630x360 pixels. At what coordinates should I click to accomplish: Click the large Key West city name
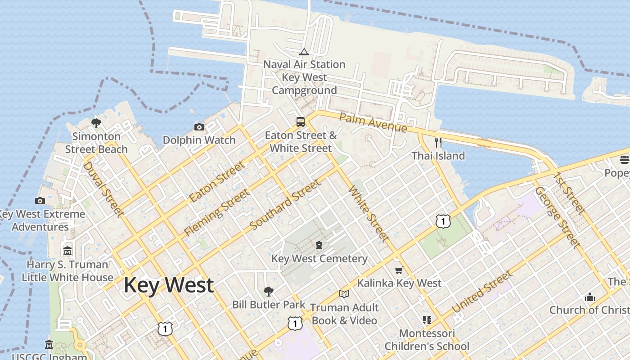(x=169, y=285)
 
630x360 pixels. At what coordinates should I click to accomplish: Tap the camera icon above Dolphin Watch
(x=199, y=127)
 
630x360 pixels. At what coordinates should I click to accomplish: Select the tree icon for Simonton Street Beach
(x=96, y=123)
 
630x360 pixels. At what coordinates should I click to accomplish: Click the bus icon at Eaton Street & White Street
(x=300, y=121)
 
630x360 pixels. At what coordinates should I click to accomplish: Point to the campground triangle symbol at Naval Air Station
(x=304, y=52)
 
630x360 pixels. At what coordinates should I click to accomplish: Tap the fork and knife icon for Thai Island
(x=438, y=143)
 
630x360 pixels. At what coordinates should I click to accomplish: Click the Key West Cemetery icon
(x=319, y=245)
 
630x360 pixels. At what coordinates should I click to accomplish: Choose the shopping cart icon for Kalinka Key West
(x=399, y=270)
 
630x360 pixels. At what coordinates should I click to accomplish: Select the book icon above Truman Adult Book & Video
(x=344, y=294)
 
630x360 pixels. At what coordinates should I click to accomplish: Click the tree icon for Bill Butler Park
(x=269, y=292)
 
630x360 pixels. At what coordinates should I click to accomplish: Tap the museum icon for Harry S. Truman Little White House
(x=67, y=251)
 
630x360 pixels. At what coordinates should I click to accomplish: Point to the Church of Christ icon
(x=589, y=297)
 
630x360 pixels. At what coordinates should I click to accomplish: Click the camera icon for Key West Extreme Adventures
(x=40, y=201)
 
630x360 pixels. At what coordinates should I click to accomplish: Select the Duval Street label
(x=103, y=189)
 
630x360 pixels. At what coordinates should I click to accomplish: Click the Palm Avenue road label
(x=373, y=122)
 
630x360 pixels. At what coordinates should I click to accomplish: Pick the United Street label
(x=482, y=292)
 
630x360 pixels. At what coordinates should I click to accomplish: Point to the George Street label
(x=557, y=217)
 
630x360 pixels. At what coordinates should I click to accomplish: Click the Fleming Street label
(x=216, y=213)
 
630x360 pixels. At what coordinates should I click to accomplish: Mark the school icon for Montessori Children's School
(x=427, y=320)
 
